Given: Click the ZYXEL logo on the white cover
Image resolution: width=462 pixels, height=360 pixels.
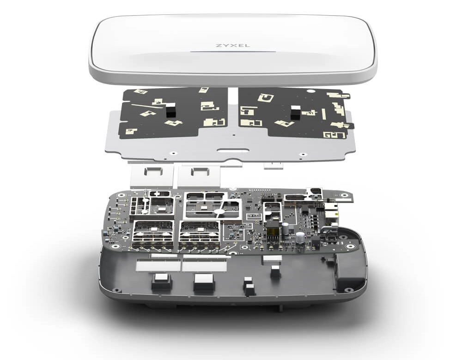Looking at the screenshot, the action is coord(233,46).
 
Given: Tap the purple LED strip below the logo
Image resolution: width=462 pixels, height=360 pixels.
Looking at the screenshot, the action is coord(233,52).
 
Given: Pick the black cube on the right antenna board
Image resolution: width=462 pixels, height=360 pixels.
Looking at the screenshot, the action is coord(296,113).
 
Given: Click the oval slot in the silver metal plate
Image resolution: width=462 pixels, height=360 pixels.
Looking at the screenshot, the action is coord(233,150).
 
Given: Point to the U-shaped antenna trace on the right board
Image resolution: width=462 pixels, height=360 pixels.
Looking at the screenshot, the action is coord(266,98).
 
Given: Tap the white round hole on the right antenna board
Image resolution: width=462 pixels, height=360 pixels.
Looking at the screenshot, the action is coord(310,91).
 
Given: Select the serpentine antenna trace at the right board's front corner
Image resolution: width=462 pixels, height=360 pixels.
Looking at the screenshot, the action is coord(334,135).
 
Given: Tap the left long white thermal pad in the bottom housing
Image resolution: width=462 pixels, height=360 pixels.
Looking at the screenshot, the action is coord(158,266).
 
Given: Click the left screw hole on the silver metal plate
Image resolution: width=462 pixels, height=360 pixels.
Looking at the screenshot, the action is coord(174,153).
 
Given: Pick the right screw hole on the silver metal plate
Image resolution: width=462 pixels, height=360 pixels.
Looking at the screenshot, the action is coord(301,154).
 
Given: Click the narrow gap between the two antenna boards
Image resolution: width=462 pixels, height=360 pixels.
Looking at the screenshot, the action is coord(233,111).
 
